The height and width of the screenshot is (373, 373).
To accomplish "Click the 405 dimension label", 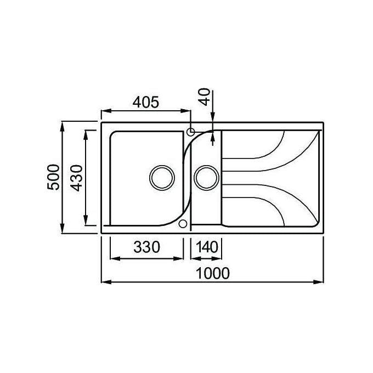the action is [145, 102].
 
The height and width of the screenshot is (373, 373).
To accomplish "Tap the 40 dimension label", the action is [205, 97].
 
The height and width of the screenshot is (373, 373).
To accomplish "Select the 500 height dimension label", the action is [53, 177].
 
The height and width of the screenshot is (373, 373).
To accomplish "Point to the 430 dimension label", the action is [77, 178].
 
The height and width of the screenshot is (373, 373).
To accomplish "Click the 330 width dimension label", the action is [147, 247].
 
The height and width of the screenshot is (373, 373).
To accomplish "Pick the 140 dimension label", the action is [207, 247].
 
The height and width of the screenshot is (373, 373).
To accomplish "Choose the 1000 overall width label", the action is [213, 273].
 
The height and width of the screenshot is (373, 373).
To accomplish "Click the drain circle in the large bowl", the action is [162, 178].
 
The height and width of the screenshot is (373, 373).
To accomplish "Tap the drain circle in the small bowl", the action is [206, 178].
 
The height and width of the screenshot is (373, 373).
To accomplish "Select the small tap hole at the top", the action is [190, 132].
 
